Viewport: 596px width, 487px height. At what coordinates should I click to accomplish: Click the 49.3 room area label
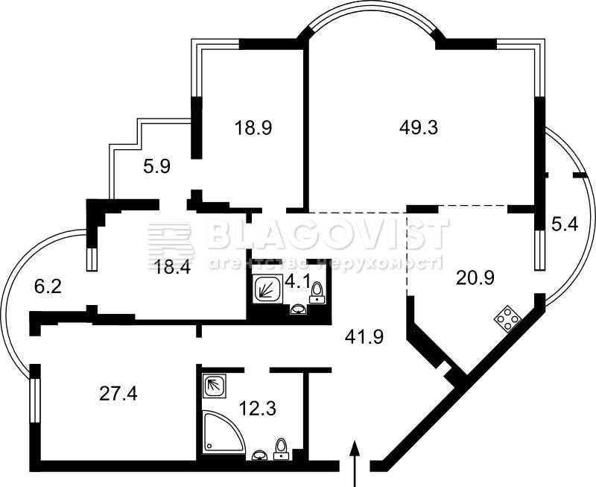419,128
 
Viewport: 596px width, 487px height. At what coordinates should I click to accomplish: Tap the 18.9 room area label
253,128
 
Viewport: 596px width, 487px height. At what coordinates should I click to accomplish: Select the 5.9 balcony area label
156,166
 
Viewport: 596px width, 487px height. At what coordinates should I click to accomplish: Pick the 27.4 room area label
118,395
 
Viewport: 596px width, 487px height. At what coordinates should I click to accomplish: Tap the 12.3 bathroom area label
257,408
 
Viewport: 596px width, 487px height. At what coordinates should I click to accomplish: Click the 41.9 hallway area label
364,336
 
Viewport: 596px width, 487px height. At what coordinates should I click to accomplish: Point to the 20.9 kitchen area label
475,278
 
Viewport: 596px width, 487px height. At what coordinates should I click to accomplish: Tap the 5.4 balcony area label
565,224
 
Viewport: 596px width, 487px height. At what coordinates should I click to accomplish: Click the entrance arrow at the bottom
355,463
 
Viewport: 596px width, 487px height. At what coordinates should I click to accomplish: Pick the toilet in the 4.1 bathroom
317,293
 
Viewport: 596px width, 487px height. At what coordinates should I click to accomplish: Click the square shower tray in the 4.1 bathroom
267,289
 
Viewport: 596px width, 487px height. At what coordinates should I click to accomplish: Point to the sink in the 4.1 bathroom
299,310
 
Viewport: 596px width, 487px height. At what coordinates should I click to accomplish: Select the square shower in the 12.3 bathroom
215,386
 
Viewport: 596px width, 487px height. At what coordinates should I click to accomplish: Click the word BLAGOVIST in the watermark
328,233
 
